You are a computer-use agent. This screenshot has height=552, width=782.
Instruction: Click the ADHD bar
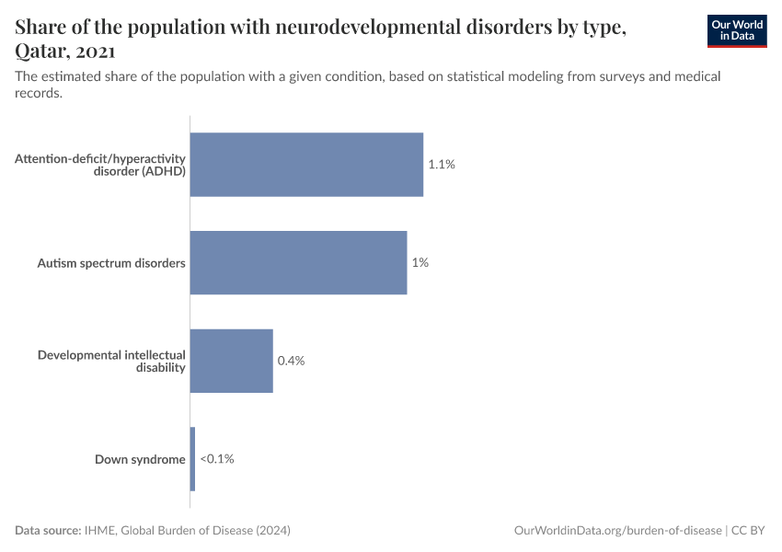[306, 165]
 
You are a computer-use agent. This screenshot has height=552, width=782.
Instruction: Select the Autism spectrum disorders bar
[298, 262]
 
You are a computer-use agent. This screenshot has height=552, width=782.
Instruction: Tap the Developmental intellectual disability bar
[231, 361]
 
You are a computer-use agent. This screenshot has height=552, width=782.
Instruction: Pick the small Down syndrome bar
[192, 458]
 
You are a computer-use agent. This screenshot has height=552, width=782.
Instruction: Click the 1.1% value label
[442, 165]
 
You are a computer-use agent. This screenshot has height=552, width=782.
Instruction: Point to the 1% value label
[420, 262]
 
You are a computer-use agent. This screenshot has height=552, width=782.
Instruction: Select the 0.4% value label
[291, 361]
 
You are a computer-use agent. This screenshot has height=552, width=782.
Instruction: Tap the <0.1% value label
[217, 459]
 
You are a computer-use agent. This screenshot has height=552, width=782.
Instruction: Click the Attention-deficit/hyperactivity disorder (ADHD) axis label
[100, 165]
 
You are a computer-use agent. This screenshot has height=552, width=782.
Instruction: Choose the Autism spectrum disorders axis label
[111, 263]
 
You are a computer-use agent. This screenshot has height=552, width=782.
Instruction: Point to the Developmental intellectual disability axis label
[111, 361]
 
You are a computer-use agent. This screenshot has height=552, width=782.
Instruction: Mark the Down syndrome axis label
[140, 459]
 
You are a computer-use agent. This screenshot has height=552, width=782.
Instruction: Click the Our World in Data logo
[737, 30]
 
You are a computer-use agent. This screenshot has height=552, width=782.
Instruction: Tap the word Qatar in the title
[40, 52]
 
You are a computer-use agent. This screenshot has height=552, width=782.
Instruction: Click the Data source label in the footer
[48, 531]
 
